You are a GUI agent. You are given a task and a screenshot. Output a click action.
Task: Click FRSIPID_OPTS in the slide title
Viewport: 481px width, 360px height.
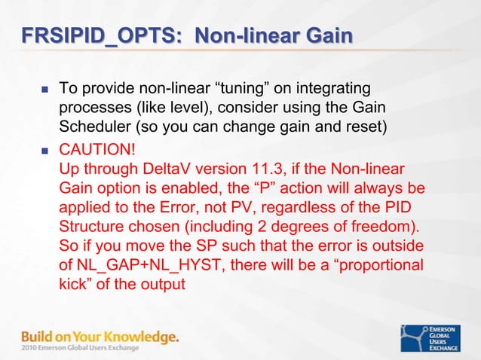(x=98, y=35)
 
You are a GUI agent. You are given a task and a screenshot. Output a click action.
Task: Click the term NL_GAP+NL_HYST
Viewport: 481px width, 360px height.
(x=139, y=265)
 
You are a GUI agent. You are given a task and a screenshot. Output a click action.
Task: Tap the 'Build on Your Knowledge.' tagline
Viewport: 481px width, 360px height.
(x=100, y=337)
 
